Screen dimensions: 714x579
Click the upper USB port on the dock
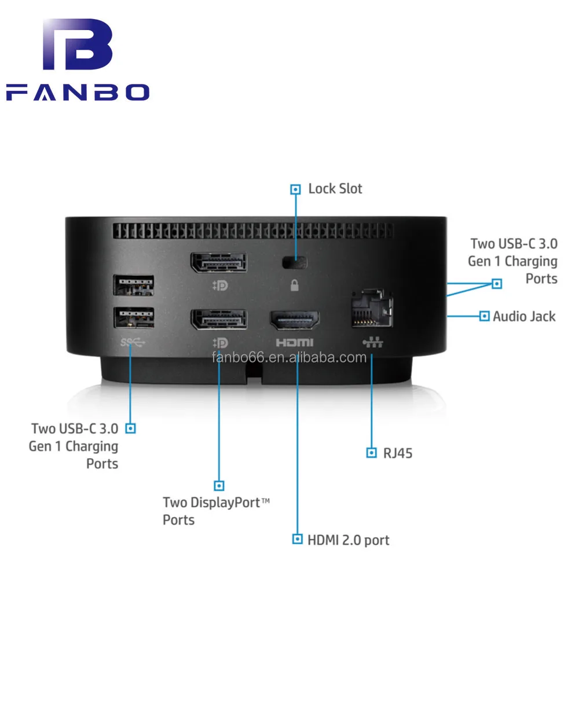pos(134,285)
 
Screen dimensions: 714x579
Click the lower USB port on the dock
pos(134,317)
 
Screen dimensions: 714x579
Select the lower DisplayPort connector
pos(218,319)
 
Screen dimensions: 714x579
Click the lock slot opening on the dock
pos(295,262)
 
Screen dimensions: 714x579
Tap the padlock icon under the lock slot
pos(294,285)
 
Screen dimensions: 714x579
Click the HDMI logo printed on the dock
pos(294,343)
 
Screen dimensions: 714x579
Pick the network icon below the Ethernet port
pos(373,342)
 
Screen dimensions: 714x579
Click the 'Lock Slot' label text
pos(335,189)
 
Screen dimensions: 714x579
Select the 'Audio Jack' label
pos(523,316)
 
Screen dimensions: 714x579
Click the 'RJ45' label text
pos(398,453)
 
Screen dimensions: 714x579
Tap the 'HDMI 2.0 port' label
pos(348,540)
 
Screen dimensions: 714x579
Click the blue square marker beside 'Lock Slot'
pos(295,189)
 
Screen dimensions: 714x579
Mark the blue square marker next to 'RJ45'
pos(372,453)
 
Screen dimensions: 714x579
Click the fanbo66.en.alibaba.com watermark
pos(289,357)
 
